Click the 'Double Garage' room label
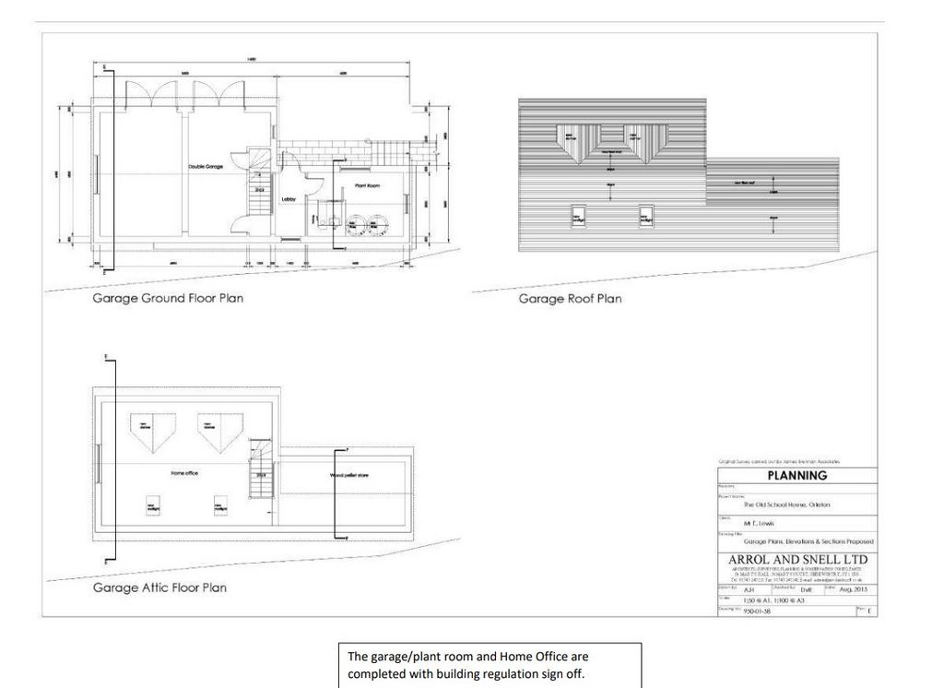pos(206,167)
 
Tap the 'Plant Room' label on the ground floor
pos(367,186)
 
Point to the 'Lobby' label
pos(288,199)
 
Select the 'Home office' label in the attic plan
pos(184,474)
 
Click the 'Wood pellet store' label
pos(349,476)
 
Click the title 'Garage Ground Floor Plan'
pos(168,299)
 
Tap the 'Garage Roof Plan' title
pos(570,299)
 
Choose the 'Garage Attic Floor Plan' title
pos(159,587)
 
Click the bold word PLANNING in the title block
pos(796,476)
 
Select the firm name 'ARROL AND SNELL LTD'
pos(797,560)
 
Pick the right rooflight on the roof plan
pos(647,216)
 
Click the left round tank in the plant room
pos(356,226)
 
